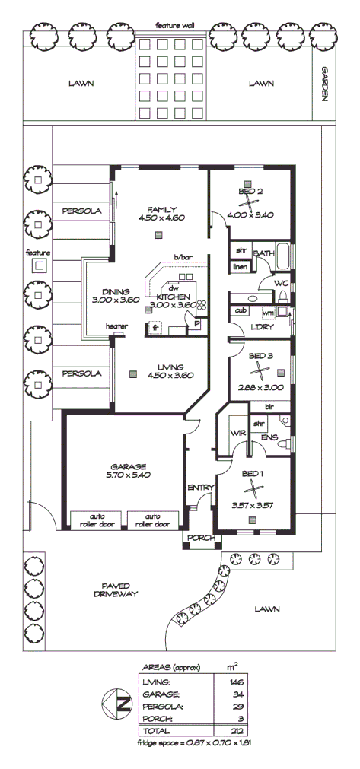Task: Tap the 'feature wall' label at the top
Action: pos(175,26)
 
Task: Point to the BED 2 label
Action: pos(250,191)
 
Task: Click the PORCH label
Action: pos(200,539)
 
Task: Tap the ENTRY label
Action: pos(200,488)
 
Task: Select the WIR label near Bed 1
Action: pos(237,433)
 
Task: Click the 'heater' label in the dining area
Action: pos(116,326)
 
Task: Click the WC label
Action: pos(281,283)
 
